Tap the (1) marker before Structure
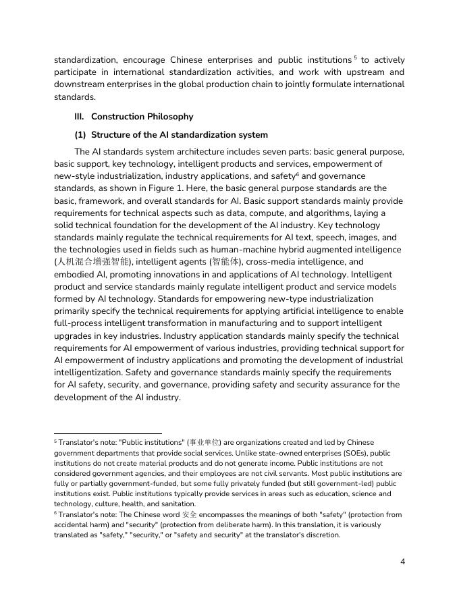pyautogui.click(x=80, y=134)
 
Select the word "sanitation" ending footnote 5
pyautogui.click(x=176, y=504)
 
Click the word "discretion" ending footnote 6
pyautogui.click(x=321, y=535)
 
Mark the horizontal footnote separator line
pyautogui.click(x=108, y=433)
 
